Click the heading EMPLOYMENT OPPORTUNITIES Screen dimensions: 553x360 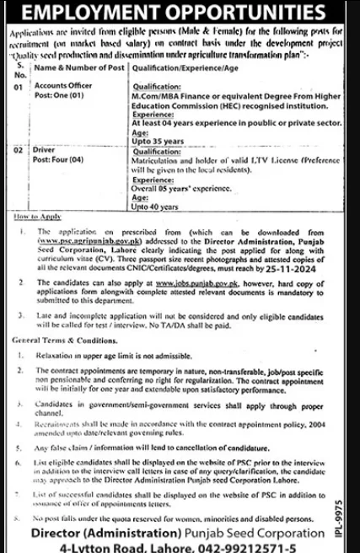(x=180, y=13)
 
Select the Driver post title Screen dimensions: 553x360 (x=44, y=148)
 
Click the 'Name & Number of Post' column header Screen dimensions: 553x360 (x=75, y=67)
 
